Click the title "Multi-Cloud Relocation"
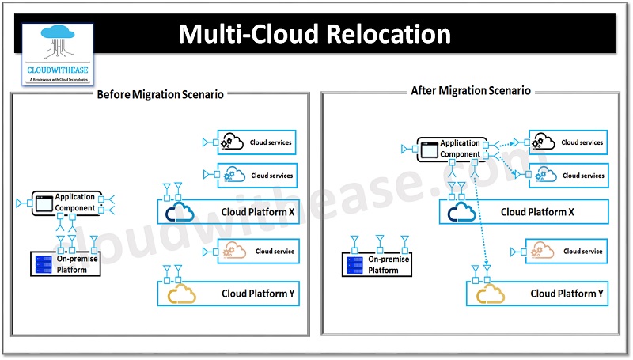[314, 34]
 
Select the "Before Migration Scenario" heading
[160, 94]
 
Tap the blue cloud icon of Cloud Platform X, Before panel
[181, 212]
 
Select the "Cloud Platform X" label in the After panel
[537, 212]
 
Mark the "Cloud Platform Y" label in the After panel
[567, 294]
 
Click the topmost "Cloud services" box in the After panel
[569, 143]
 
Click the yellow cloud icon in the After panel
[490, 294]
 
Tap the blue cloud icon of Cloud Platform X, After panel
[463, 212]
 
